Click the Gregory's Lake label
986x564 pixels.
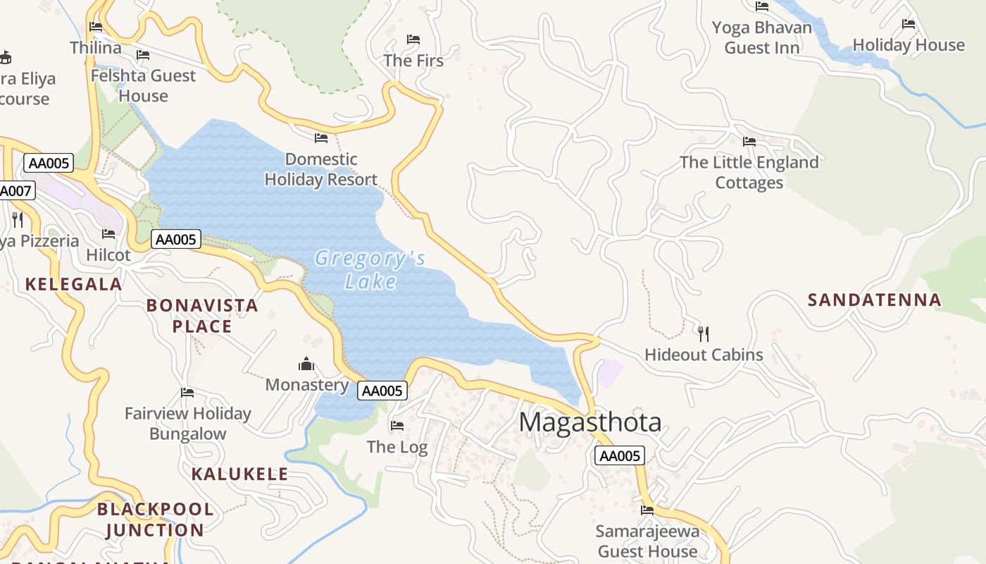click(370, 270)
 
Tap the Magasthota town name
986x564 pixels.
click(590, 422)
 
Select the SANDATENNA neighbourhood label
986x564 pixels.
click(874, 300)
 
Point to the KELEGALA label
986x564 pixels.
click(73, 284)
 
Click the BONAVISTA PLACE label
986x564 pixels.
click(202, 316)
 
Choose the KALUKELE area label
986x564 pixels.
click(239, 474)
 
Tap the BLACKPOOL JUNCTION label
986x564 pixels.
click(155, 520)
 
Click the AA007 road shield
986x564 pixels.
click(15, 190)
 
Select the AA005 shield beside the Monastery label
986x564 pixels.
click(382, 391)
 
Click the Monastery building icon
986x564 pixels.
click(306, 364)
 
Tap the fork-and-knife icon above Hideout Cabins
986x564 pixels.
click(703, 333)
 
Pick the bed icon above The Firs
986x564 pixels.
click(413, 39)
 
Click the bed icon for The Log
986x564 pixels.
click(397, 426)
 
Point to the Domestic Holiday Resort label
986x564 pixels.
click(321, 170)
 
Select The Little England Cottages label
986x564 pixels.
click(749, 173)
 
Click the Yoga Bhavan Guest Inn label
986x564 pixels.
click(761, 38)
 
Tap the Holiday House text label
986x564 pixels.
click(909, 45)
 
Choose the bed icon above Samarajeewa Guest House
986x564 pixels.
click(647, 510)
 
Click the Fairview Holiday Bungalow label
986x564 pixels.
click(187, 424)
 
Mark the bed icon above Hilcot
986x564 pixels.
click(108, 234)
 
